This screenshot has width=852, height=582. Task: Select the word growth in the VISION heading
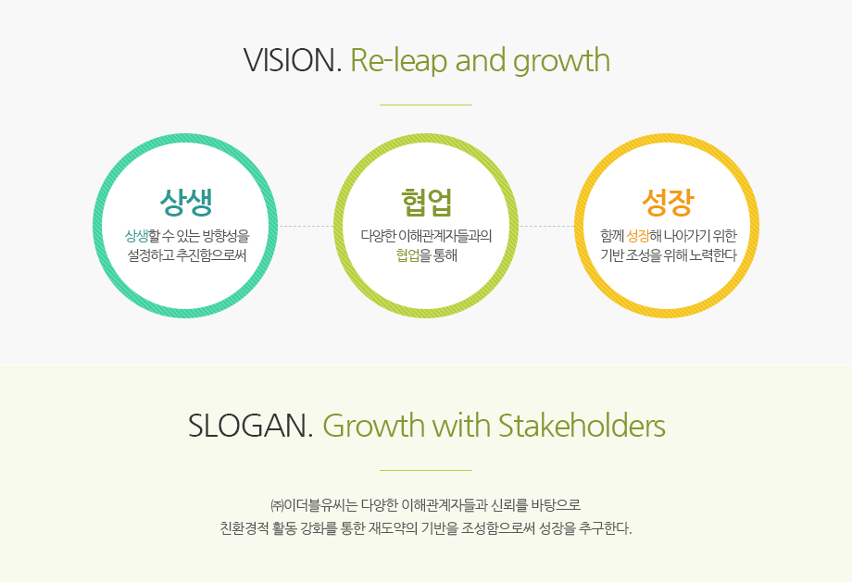[x=561, y=61]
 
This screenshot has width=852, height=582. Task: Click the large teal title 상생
[x=186, y=202]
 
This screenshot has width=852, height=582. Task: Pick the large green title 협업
[x=427, y=202]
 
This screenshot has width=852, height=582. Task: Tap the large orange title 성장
[x=668, y=202]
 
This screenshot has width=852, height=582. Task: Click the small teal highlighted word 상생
[x=136, y=236]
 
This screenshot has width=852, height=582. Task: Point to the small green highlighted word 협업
[x=407, y=254]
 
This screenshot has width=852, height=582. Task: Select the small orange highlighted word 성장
[x=637, y=236]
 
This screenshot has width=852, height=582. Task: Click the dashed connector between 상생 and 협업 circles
[x=306, y=226]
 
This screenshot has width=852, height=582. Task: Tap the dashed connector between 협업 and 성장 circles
[x=546, y=226]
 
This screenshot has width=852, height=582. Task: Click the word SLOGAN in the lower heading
[x=250, y=426]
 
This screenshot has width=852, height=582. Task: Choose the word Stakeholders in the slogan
[x=582, y=425]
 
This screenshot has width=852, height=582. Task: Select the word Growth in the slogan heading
[x=373, y=425]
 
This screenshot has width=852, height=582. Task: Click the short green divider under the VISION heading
[x=426, y=105]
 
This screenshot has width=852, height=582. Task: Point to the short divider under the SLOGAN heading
[x=426, y=470]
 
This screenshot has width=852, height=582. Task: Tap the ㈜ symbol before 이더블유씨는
[x=277, y=505]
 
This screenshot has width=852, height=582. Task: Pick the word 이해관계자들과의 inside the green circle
[x=445, y=236]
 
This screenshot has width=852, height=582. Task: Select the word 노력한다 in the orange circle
[x=712, y=254]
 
